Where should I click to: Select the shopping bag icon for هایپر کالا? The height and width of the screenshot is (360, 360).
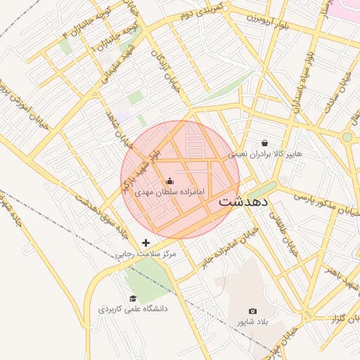pyautogui.click(x=264, y=143)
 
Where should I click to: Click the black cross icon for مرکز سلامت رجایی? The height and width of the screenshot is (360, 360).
pyautogui.click(x=146, y=243)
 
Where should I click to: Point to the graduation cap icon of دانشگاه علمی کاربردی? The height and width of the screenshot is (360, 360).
pyautogui.click(x=132, y=298)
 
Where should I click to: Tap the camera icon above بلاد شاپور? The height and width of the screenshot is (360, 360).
pyautogui.click(x=253, y=311)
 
